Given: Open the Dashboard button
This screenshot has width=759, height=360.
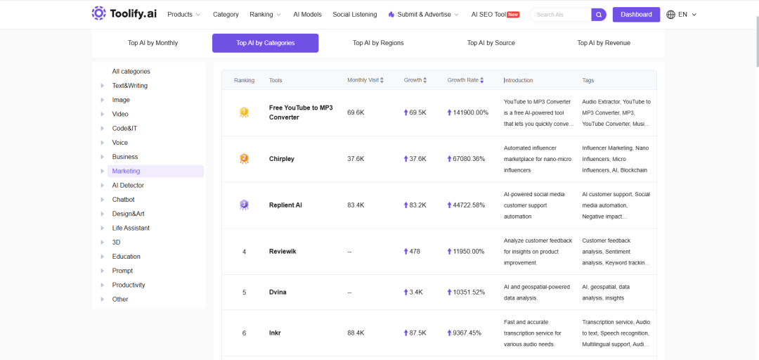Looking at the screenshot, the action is pos(636,15).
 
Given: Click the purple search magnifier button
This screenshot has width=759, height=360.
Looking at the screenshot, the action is pos(599,15).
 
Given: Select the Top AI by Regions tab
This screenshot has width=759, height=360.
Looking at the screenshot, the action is pos(378,43).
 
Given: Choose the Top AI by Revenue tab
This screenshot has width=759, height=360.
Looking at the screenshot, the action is pos(604,43).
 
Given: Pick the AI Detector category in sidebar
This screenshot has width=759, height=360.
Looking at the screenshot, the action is pos(128,185).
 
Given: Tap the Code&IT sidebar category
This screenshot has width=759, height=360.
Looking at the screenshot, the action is pos(124,129).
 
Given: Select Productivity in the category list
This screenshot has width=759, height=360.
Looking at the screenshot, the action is pos(129,285).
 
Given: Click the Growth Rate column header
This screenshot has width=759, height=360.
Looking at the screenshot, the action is pos(462,80).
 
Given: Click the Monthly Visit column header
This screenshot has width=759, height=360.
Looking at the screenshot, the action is pos(363,80).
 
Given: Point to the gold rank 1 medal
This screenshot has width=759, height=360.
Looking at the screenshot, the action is pos(244,113).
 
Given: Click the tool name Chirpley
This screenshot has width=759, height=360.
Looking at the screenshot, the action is pos(282,158).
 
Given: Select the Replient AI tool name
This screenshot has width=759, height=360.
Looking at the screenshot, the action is pos(285,205).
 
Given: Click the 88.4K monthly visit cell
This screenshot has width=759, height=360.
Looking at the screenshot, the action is pos(356,333).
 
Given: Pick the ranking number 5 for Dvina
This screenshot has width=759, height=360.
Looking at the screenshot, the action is pos(244,292).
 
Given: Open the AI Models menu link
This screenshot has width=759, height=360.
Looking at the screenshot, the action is pos(307,15).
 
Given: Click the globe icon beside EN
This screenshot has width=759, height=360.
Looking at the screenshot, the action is pos(671,15).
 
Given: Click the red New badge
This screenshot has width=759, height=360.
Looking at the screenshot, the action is pos(513,15).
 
